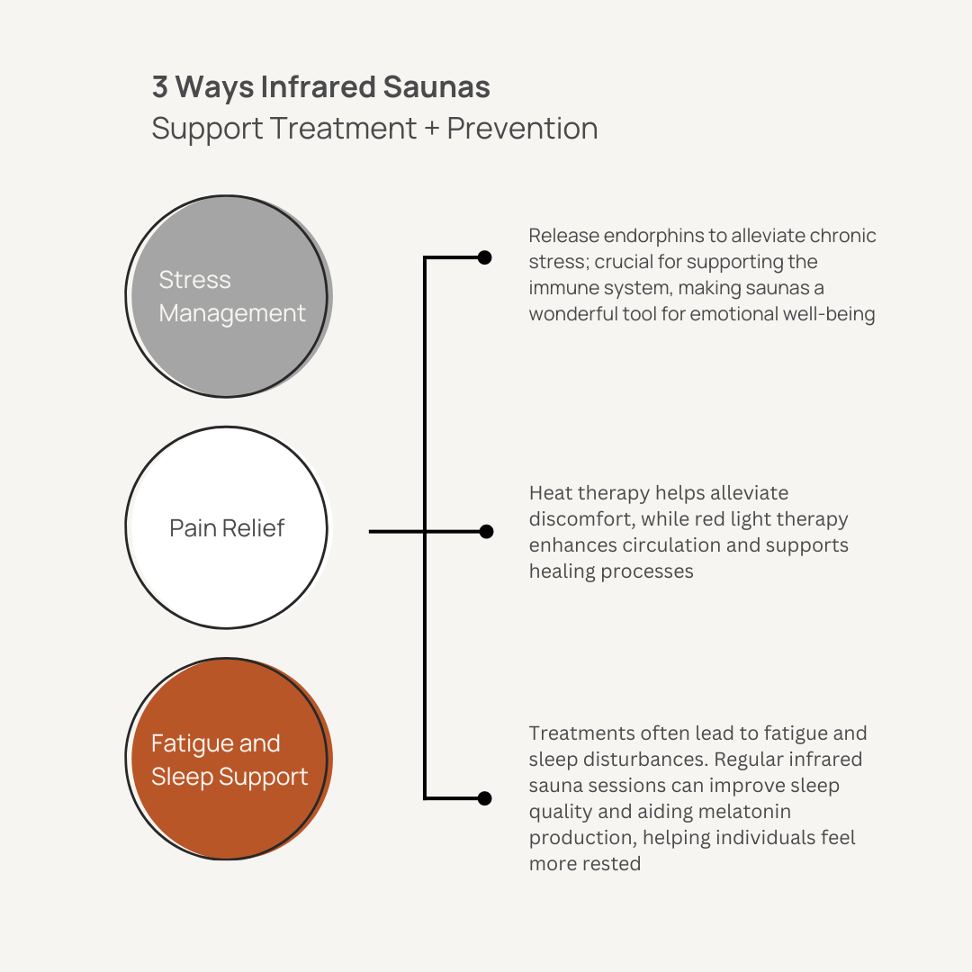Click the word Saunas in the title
point(437,87)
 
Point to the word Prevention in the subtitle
point(522,129)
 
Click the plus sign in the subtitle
point(432,129)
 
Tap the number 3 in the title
point(160,87)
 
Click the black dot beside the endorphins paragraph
point(484,258)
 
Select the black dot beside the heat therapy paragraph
point(486,532)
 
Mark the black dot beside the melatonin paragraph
point(484,798)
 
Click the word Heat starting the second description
point(550,493)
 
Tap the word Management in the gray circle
point(232,313)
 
